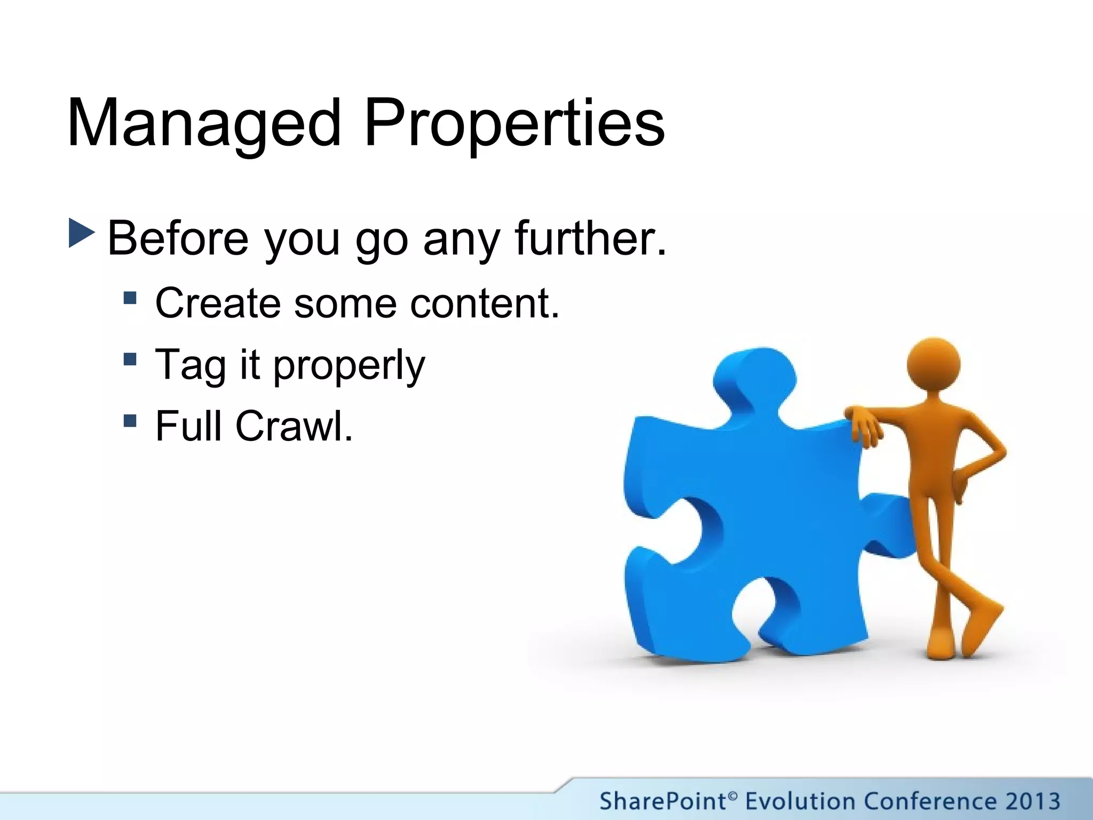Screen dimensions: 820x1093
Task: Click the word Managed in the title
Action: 204,124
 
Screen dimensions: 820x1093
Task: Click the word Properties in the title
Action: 513,124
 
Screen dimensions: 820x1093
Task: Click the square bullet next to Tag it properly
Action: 130,359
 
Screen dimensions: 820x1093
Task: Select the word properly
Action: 349,366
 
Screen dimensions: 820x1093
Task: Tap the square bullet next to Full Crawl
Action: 130,421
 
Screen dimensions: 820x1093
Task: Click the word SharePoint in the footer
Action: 662,801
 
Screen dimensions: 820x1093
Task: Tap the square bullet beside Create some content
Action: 130,297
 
